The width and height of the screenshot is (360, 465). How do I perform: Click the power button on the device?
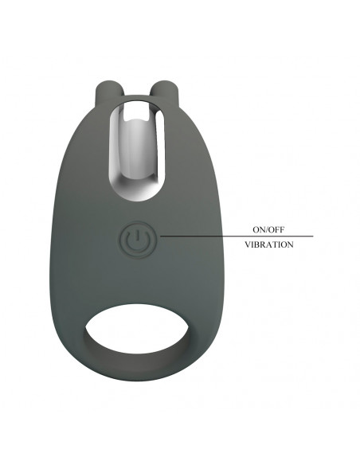137,239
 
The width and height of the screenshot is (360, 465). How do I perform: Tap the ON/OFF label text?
268,229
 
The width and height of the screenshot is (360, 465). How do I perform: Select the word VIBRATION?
269,244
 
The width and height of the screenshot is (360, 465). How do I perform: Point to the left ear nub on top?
105,93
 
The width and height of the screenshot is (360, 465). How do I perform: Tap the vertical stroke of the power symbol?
137,235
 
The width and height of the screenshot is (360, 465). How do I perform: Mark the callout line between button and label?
237,236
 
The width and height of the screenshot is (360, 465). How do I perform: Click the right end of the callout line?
313,236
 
